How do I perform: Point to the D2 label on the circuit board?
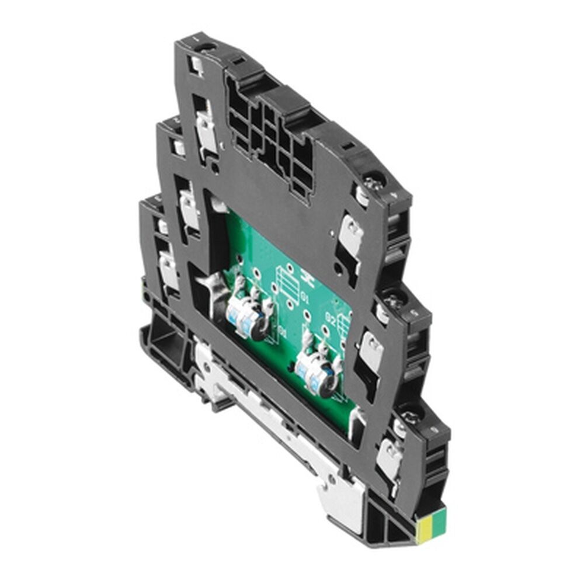click(x=331, y=319)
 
